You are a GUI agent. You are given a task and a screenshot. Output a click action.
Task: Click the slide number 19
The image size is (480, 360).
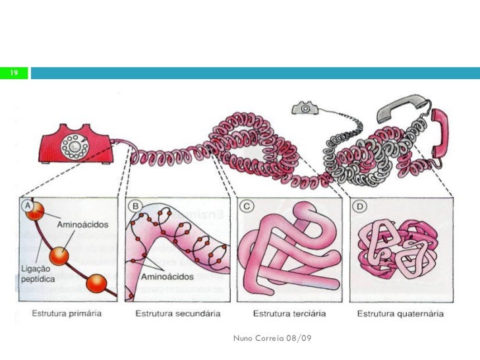click(13, 73)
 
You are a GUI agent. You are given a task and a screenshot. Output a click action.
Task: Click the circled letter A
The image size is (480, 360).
click(29, 206)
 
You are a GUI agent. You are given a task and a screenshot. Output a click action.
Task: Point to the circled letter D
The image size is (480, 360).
click(359, 206)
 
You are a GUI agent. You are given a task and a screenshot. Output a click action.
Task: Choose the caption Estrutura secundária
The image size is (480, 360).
click(177, 313)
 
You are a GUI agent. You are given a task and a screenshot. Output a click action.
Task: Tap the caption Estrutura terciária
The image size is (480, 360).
click(288, 313)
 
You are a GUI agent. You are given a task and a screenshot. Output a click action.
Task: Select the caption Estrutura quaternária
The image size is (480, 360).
click(400, 313)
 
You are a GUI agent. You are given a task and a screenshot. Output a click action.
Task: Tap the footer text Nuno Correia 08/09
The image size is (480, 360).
click(272, 338)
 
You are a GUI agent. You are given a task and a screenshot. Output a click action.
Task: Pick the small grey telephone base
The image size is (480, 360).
click(305, 107)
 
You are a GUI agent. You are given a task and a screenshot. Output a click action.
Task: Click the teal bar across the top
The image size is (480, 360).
click(255, 73)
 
